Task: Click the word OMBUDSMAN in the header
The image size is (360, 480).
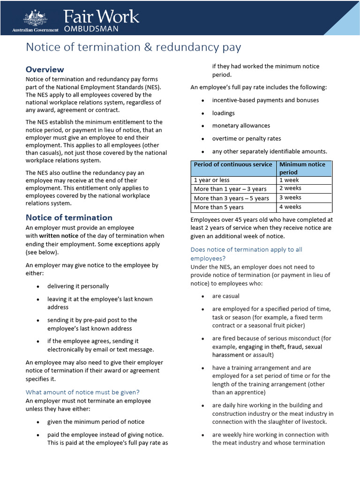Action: point(91,29)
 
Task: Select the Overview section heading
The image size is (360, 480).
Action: point(45,69)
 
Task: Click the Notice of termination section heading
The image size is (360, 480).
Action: point(69,217)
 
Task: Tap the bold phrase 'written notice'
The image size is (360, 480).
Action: point(59,236)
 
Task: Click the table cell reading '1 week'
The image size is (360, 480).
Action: point(289,180)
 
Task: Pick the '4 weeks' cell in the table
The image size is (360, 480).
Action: point(290,207)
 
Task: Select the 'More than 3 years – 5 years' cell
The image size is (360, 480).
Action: point(231,198)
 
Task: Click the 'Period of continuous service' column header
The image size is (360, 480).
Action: point(233,165)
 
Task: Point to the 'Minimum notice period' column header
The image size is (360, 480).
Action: point(302,168)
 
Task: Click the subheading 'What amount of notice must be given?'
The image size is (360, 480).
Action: point(82,392)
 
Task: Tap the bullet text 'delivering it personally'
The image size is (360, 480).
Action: point(78,286)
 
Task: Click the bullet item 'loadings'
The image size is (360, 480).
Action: point(223,113)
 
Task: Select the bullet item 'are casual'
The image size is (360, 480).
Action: point(225,296)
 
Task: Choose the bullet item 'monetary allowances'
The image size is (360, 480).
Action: point(241,126)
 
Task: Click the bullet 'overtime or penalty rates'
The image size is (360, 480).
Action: point(247,139)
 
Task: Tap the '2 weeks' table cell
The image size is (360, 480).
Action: point(290,188)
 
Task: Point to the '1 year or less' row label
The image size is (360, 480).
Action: point(211,180)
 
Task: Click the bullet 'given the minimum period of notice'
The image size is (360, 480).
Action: point(96,422)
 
